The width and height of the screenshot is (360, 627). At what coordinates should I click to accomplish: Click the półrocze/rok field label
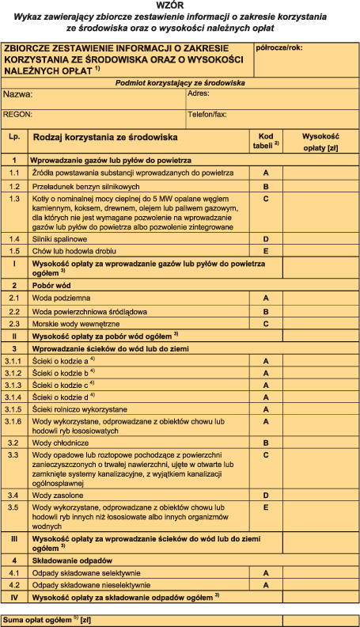click(x=279, y=47)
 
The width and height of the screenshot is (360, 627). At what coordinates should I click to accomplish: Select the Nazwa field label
click(x=18, y=93)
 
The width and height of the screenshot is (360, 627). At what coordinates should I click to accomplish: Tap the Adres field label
click(x=198, y=93)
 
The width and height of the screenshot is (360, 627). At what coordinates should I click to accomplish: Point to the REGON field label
click(x=17, y=114)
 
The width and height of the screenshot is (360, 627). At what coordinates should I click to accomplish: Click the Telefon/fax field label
click(x=207, y=114)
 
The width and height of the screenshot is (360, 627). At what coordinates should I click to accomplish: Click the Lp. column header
click(x=14, y=136)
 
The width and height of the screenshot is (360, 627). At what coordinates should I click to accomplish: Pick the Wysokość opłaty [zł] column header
click(x=320, y=141)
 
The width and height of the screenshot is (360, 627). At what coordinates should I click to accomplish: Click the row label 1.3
click(x=14, y=198)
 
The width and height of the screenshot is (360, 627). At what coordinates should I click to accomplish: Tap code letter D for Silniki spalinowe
click(x=266, y=238)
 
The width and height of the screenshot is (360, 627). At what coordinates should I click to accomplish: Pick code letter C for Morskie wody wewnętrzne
click(x=266, y=323)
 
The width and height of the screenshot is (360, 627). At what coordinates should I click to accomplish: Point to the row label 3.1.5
click(x=14, y=409)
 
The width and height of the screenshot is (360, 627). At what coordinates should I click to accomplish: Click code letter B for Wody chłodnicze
click(x=266, y=443)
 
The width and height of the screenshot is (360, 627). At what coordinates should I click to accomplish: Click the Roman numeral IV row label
click(x=14, y=595)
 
